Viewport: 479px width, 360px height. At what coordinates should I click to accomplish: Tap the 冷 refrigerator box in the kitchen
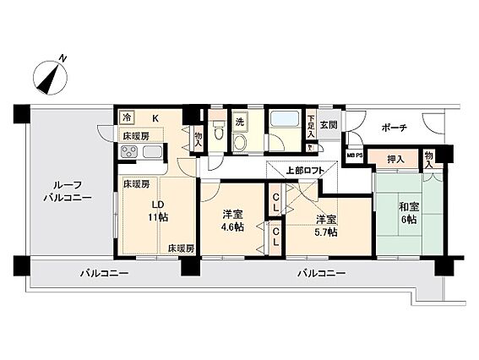click(x=126, y=118)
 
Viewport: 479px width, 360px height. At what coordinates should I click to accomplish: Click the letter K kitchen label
click(x=155, y=118)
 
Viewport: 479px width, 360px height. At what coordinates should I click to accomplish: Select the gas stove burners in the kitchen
click(x=131, y=152)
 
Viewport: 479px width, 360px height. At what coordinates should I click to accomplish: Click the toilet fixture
click(x=218, y=135)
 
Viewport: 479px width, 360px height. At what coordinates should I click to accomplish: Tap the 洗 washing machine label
click(x=240, y=120)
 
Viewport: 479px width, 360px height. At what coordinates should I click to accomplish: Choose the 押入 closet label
click(x=395, y=158)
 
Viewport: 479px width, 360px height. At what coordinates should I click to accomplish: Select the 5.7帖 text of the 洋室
click(x=325, y=229)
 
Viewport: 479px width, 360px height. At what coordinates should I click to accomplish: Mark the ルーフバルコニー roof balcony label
click(x=62, y=192)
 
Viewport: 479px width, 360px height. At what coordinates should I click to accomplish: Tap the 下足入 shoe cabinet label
click(x=311, y=128)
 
